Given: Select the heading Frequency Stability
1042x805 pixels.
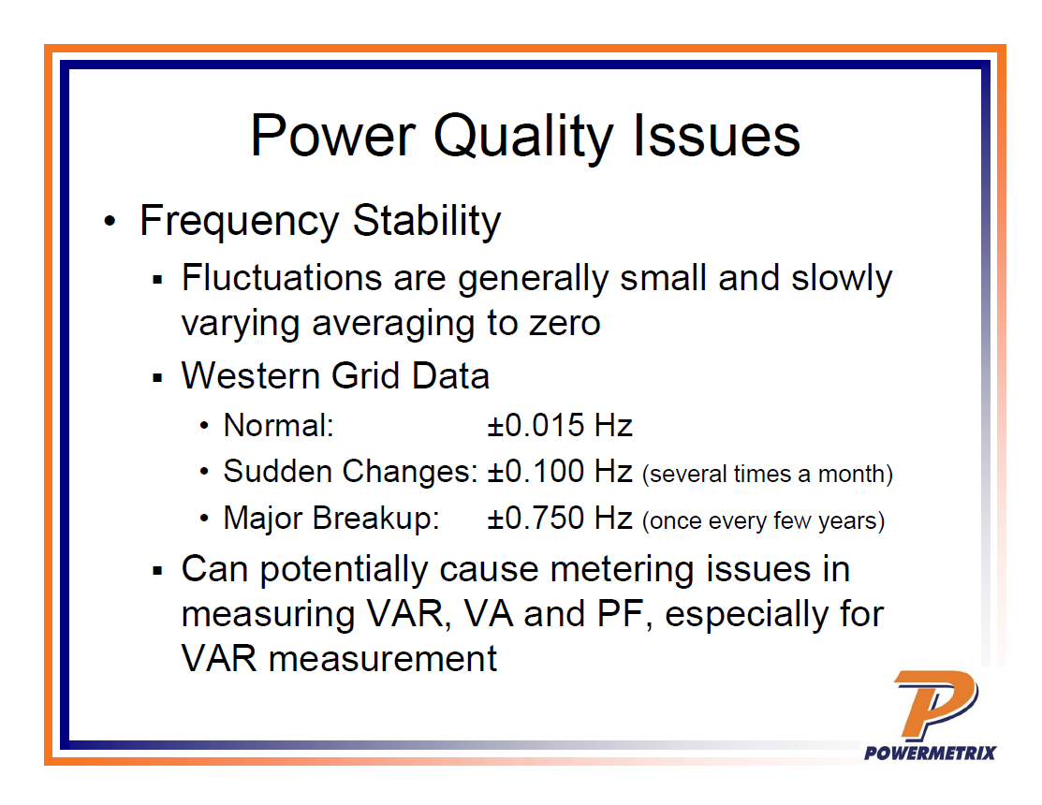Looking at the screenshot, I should [320, 222].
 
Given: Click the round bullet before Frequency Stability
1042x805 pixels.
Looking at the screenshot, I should [111, 223].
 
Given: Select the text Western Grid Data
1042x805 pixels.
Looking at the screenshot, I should [335, 375].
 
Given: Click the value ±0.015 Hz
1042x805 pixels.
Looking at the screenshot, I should [560, 426].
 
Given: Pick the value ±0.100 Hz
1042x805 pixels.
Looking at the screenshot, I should [560, 471].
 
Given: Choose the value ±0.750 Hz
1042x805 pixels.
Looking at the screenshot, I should [560, 518].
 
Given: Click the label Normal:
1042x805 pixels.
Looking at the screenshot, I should [279, 426].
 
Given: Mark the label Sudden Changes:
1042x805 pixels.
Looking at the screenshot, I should [350, 471].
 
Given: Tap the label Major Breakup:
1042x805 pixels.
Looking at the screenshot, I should [330, 518].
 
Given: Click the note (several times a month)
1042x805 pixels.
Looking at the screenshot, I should [768, 474].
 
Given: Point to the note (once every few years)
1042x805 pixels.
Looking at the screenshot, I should [763, 520].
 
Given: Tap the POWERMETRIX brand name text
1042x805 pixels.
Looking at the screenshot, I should [930, 753].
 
